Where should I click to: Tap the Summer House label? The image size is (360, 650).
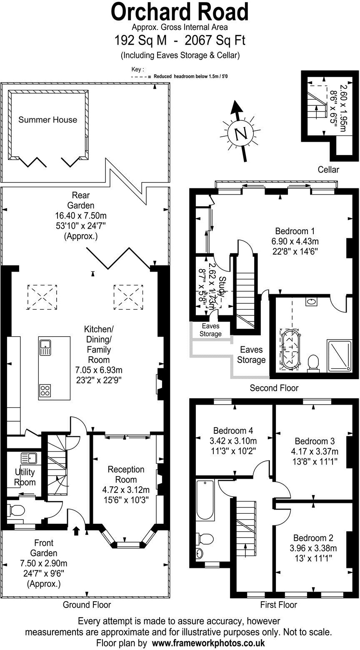(47, 120)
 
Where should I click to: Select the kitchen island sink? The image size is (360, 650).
(45, 347)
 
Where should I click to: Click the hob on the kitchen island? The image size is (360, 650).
(45, 390)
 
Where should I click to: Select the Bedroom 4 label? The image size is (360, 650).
(233, 431)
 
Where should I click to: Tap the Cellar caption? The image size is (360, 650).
(328, 170)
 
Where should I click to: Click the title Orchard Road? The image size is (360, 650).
(180, 12)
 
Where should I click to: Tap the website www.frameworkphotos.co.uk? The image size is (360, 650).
(208, 643)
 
